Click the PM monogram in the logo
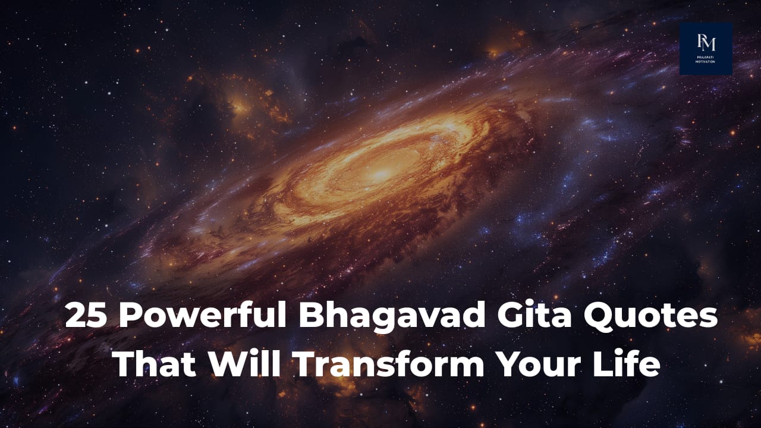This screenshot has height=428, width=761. (706, 43)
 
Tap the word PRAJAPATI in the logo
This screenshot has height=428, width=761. (706, 56)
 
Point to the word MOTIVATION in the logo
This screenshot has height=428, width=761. (706, 62)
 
